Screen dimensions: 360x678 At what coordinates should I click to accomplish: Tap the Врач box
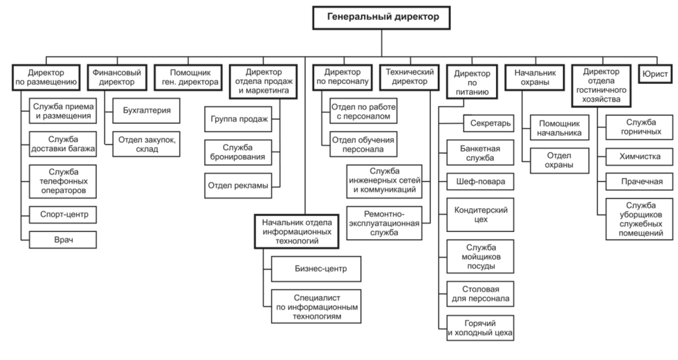tap(62, 240)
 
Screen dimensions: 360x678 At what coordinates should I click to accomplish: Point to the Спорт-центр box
tap(62, 214)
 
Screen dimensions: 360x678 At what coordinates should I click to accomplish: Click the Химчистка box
tap(636, 156)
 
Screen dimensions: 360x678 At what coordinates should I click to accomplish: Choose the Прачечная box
tap(636, 181)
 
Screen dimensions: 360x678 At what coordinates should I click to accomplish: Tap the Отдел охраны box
tap(560, 160)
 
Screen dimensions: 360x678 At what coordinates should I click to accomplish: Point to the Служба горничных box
tap(636, 127)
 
